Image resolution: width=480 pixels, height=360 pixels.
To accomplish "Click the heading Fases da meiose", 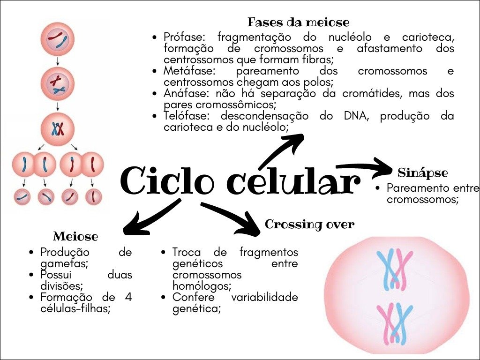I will (x=298, y=22).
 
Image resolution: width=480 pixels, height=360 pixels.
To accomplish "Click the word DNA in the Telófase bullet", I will (x=351, y=116).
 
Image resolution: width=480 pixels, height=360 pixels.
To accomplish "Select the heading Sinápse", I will (x=422, y=172).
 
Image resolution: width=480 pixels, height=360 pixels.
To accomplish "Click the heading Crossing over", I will (x=309, y=225).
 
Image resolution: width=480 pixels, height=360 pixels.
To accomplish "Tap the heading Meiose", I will (x=75, y=236).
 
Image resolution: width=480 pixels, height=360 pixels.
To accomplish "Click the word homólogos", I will (x=195, y=285).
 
